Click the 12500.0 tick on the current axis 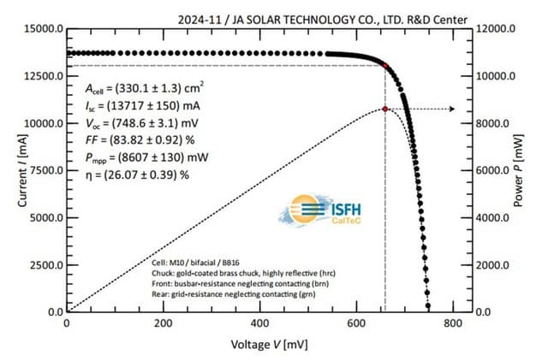tap(37, 76)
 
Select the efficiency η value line tap(137, 175)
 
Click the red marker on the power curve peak tap(385, 109)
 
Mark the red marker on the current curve tap(385, 65)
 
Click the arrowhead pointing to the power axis tap(452, 109)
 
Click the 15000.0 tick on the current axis tap(37, 28)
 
